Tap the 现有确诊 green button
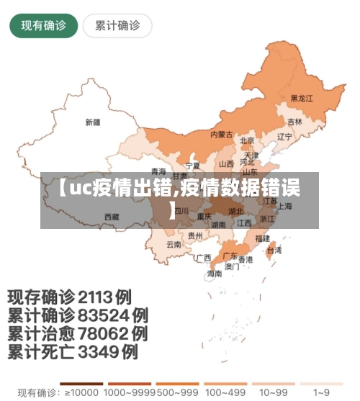(x=43, y=26)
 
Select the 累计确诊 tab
(x=117, y=26)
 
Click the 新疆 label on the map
(x=93, y=122)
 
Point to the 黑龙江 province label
(x=302, y=98)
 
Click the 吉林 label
(x=295, y=122)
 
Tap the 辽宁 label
(x=285, y=136)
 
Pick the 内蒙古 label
(x=221, y=134)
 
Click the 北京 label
(x=247, y=141)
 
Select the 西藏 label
(x=112, y=216)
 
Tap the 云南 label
(x=174, y=244)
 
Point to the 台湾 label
(x=274, y=251)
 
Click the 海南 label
(x=215, y=274)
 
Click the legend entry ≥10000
(x=80, y=393)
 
